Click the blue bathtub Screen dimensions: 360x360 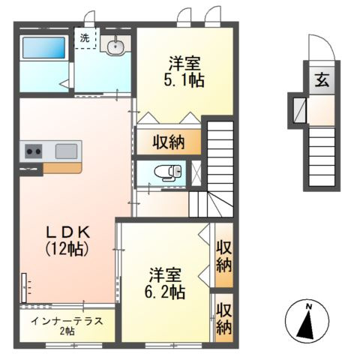44,47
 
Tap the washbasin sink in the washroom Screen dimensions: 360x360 115,46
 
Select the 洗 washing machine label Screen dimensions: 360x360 85,38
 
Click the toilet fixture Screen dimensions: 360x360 168,172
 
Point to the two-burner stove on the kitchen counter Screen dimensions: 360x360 34,151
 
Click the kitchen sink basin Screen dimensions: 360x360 66,151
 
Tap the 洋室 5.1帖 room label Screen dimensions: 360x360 184,71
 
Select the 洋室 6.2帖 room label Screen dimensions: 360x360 165,283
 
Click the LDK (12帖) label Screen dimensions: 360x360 67,241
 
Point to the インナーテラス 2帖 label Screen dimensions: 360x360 67,325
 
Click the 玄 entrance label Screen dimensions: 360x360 322,81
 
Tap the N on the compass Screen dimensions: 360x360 309,306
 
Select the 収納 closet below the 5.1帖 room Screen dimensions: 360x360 169,142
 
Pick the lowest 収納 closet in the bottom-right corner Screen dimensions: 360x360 224,318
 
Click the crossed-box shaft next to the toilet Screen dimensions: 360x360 196,172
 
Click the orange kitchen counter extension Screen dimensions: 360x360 62,168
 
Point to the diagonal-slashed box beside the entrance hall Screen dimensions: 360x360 299,110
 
